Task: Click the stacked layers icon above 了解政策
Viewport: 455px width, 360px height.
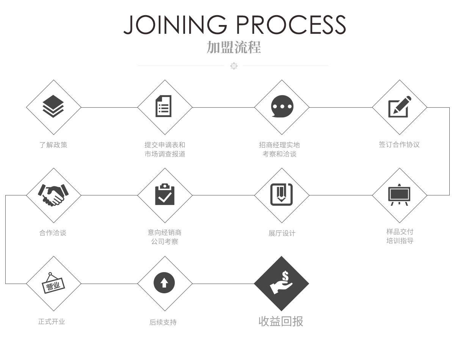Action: [53, 106]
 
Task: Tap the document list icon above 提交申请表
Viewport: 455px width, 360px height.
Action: [164, 106]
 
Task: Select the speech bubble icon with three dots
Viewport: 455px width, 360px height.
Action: [282, 106]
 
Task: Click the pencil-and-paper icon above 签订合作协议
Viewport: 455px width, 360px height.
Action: [399, 106]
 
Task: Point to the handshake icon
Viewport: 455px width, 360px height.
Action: [53, 195]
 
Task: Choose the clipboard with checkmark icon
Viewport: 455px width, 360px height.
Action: [165, 194]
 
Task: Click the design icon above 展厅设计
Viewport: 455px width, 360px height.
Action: [281, 194]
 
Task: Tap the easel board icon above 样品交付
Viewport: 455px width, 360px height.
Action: [399, 194]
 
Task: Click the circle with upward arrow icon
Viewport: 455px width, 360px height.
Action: [164, 283]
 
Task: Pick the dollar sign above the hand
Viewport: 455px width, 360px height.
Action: [285, 276]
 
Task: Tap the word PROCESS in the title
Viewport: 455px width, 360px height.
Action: [291, 25]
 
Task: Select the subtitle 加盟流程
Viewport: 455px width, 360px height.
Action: [234, 47]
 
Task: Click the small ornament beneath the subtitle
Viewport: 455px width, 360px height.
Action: [234, 66]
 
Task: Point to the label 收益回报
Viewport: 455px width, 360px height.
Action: [281, 321]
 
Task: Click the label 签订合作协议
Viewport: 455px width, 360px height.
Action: [399, 144]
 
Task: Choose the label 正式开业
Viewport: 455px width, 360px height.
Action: [52, 321]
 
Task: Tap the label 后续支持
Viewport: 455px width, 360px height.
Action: [163, 322]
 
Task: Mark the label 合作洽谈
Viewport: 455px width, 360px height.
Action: [53, 233]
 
